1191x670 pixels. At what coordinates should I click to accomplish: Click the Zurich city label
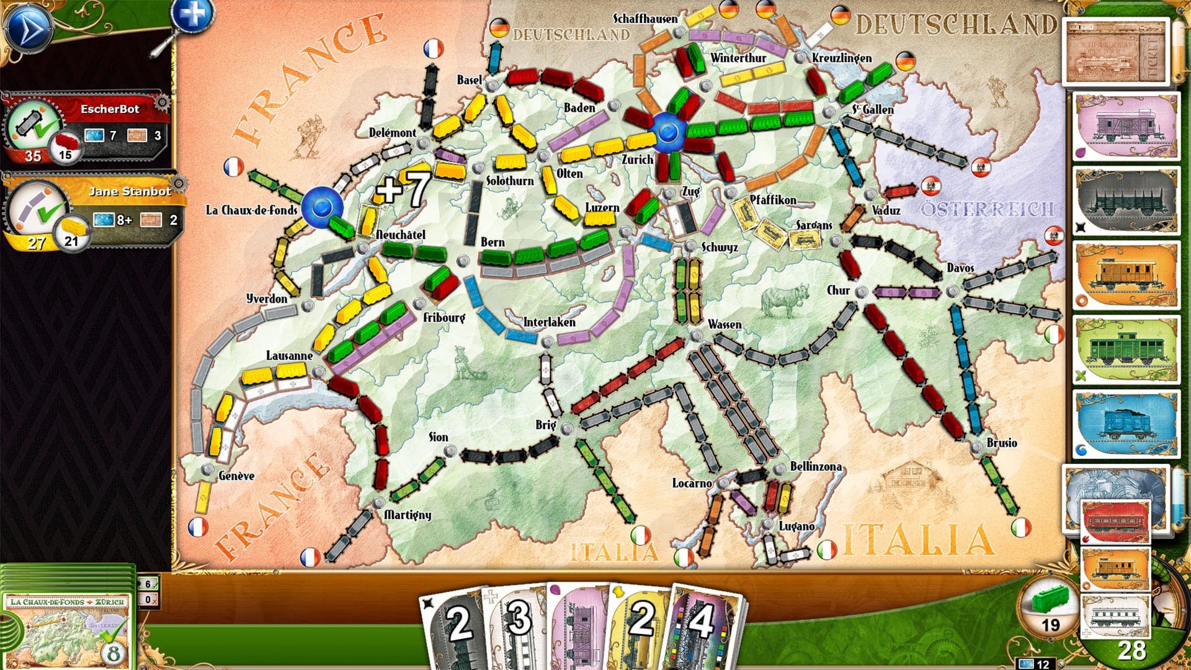pos(637,159)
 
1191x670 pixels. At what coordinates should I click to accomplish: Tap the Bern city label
pos(493,242)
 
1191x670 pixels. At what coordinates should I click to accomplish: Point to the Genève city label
pos(236,476)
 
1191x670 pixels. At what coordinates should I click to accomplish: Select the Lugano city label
pos(796,526)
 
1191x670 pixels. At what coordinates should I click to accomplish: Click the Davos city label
pos(960,267)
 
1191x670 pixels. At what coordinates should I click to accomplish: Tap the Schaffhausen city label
pos(645,19)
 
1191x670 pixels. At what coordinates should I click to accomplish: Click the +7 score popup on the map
pos(403,187)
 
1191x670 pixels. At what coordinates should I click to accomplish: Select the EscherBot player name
pos(110,109)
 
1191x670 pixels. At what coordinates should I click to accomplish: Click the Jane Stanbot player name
pos(130,191)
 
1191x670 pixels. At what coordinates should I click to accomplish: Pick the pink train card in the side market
pos(1126,127)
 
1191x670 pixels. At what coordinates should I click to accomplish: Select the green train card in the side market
pos(1126,349)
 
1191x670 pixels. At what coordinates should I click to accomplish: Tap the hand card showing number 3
pos(519,623)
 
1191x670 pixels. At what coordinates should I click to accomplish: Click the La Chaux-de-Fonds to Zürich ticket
pos(67,627)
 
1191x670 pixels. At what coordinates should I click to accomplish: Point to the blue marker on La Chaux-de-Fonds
pos(322,207)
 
